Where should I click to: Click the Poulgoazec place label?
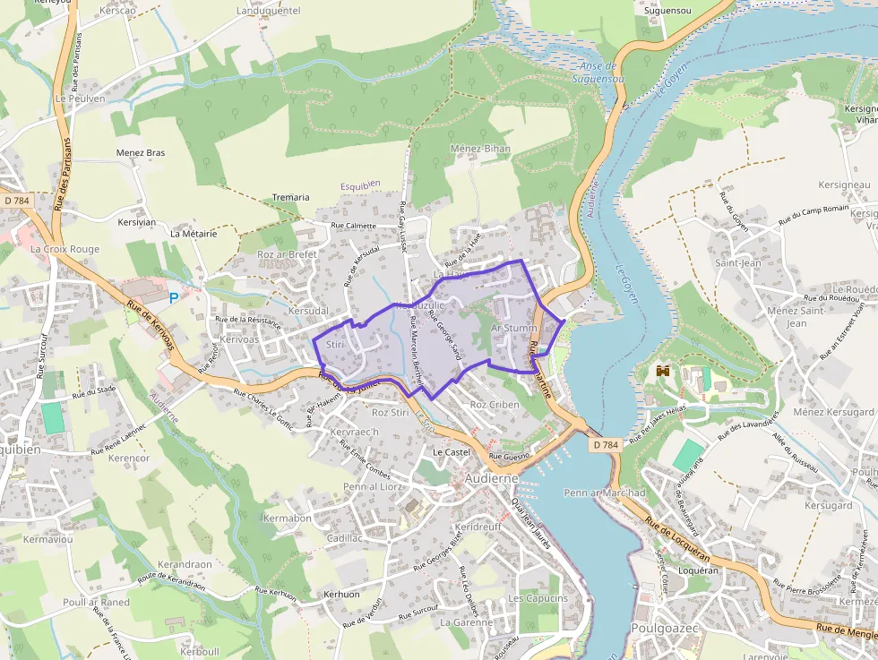point(664,629)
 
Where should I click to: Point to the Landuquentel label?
point(268,11)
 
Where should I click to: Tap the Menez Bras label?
point(141,153)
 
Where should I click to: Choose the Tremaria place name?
point(290,197)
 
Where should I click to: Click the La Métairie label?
point(194,234)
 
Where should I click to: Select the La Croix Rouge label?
point(65,249)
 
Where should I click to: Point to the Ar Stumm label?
point(514,329)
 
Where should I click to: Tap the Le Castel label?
point(452,453)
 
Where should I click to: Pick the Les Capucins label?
point(538,598)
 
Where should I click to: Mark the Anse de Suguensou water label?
point(598,73)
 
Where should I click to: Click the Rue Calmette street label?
point(354,226)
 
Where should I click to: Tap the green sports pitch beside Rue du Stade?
point(54,418)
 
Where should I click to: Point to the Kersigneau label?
point(844,184)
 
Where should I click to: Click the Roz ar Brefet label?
point(288,254)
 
